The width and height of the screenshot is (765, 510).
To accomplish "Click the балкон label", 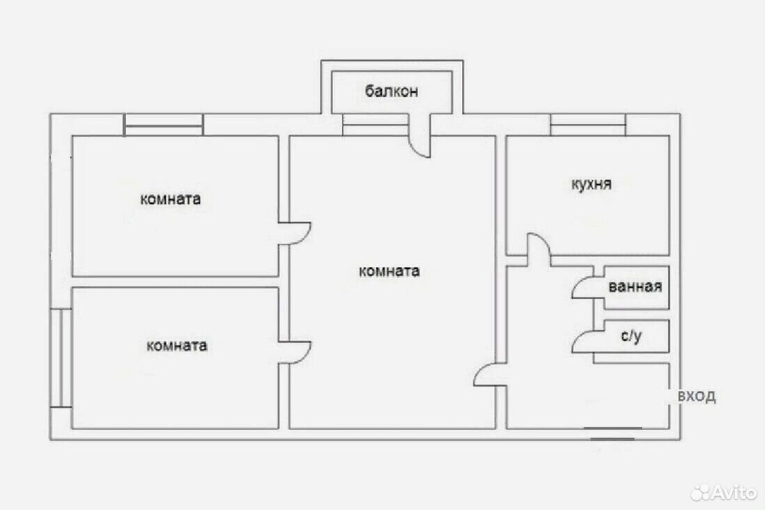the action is coord(392,91).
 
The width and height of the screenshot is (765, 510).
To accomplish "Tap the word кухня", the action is coord(592,185).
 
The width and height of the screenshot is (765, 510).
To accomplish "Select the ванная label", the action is coord(635,286).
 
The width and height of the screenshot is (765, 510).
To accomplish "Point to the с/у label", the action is coord(631,336).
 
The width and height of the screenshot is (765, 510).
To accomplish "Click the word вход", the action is coord(697,396).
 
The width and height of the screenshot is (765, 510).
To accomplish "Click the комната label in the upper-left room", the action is coord(170,199).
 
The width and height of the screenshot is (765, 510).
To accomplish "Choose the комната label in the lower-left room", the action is coord(176,346).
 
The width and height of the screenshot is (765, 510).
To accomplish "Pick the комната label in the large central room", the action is coord(389,271).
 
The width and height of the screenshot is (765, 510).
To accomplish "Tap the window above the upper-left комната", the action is coord(164,125).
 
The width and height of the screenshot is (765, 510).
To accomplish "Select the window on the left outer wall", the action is coord(61,357).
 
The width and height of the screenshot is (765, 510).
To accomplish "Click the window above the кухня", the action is coord(588,125).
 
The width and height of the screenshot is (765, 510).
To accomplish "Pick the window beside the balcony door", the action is coord(375,125).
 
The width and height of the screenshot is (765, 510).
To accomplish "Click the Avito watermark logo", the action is coord(724,492).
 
